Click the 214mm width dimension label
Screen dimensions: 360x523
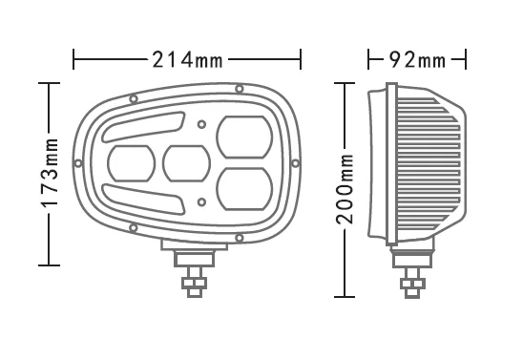187,61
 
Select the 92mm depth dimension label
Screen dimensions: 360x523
417,61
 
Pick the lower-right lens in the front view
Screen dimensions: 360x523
242,187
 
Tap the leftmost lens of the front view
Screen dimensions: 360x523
133,163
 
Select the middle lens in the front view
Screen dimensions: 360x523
187,162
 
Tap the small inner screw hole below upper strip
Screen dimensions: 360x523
201,124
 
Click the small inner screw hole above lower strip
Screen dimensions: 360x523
201,201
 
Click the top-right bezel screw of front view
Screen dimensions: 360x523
238,93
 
